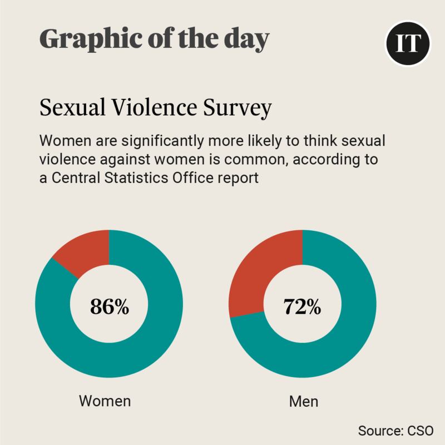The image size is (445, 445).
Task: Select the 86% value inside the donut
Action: click(109, 306)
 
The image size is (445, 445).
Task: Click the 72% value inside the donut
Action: click(302, 306)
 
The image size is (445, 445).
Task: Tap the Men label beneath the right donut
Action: click(302, 400)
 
